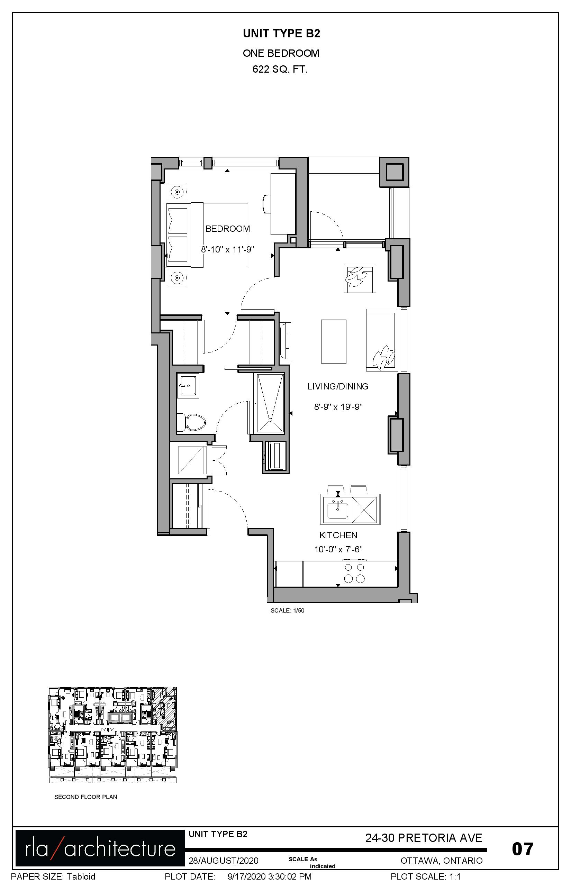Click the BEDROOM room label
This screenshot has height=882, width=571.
coord(228,229)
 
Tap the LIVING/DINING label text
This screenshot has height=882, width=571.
coord(338,387)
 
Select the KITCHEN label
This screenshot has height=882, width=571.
coord(338,535)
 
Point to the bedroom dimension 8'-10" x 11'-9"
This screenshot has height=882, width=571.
coord(228,249)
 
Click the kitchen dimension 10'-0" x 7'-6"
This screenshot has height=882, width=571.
coord(338,549)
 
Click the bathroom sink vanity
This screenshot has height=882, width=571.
coord(188,386)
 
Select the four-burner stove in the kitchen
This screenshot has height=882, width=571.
coord(354,573)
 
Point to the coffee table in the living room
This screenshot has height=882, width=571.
coord(334,341)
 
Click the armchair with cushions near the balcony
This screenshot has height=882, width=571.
coord(360,278)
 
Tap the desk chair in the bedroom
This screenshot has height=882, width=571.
coord(267,204)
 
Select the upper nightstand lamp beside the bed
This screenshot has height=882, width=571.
coord(177,192)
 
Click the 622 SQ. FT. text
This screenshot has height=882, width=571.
coord(280,69)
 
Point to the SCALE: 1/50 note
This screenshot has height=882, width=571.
coord(287,610)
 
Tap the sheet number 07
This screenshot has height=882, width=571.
coord(523,849)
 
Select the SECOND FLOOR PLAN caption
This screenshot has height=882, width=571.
coord(86,797)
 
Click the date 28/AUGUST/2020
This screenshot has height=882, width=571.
coord(223,861)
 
